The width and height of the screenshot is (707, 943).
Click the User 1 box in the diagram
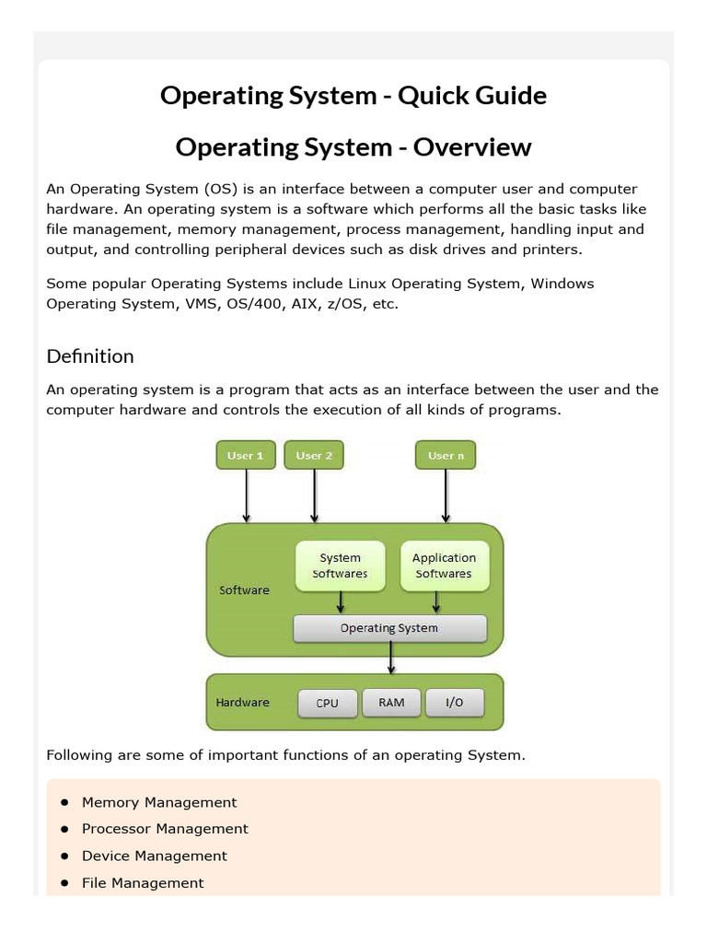(246, 456)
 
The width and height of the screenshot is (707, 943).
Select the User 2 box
(315, 456)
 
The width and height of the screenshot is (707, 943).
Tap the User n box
(446, 456)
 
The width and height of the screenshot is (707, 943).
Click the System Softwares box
(340, 565)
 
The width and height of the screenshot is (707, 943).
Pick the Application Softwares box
(444, 565)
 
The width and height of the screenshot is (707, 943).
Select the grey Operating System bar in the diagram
(389, 628)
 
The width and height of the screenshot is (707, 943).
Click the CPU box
(327, 703)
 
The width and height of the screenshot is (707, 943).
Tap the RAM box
(391, 703)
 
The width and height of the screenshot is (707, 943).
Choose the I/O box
(455, 703)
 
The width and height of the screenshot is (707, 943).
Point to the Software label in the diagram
(244, 590)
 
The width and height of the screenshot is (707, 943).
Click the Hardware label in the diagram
(243, 703)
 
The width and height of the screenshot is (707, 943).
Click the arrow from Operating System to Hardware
(392, 658)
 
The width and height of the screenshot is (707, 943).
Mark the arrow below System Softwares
(341, 602)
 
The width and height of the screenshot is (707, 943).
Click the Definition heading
(90, 356)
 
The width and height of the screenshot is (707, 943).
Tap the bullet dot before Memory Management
(64, 802)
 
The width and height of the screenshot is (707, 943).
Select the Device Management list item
(154, 856)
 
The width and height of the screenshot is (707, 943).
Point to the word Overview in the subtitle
(472, 146)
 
